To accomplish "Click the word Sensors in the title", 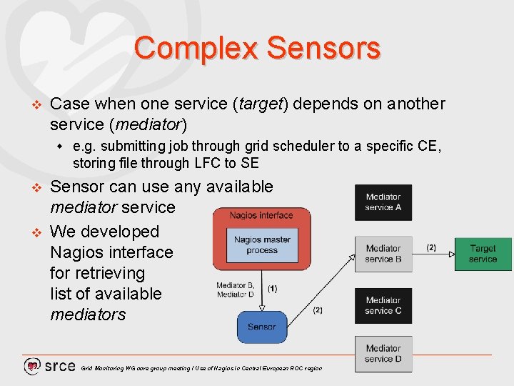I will [323, 49].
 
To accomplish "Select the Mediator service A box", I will [383, 202].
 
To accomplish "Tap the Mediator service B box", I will [383, 254].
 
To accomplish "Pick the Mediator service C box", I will [383, 305].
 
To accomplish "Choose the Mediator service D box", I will [383, 354].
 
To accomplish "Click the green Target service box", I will [483, 254].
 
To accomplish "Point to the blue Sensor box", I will [261, 327].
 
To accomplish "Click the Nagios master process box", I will [262, 244].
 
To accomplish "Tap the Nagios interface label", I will [261, 215].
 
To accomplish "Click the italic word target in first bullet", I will [261, 104].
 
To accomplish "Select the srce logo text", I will [60, 366].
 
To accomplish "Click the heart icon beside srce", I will [32, 367].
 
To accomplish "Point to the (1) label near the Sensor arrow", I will [273, 289].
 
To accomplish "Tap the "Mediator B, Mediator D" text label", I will [236, 289].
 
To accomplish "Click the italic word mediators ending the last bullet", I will [88, 315].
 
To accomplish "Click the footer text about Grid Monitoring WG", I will [201, 368].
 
